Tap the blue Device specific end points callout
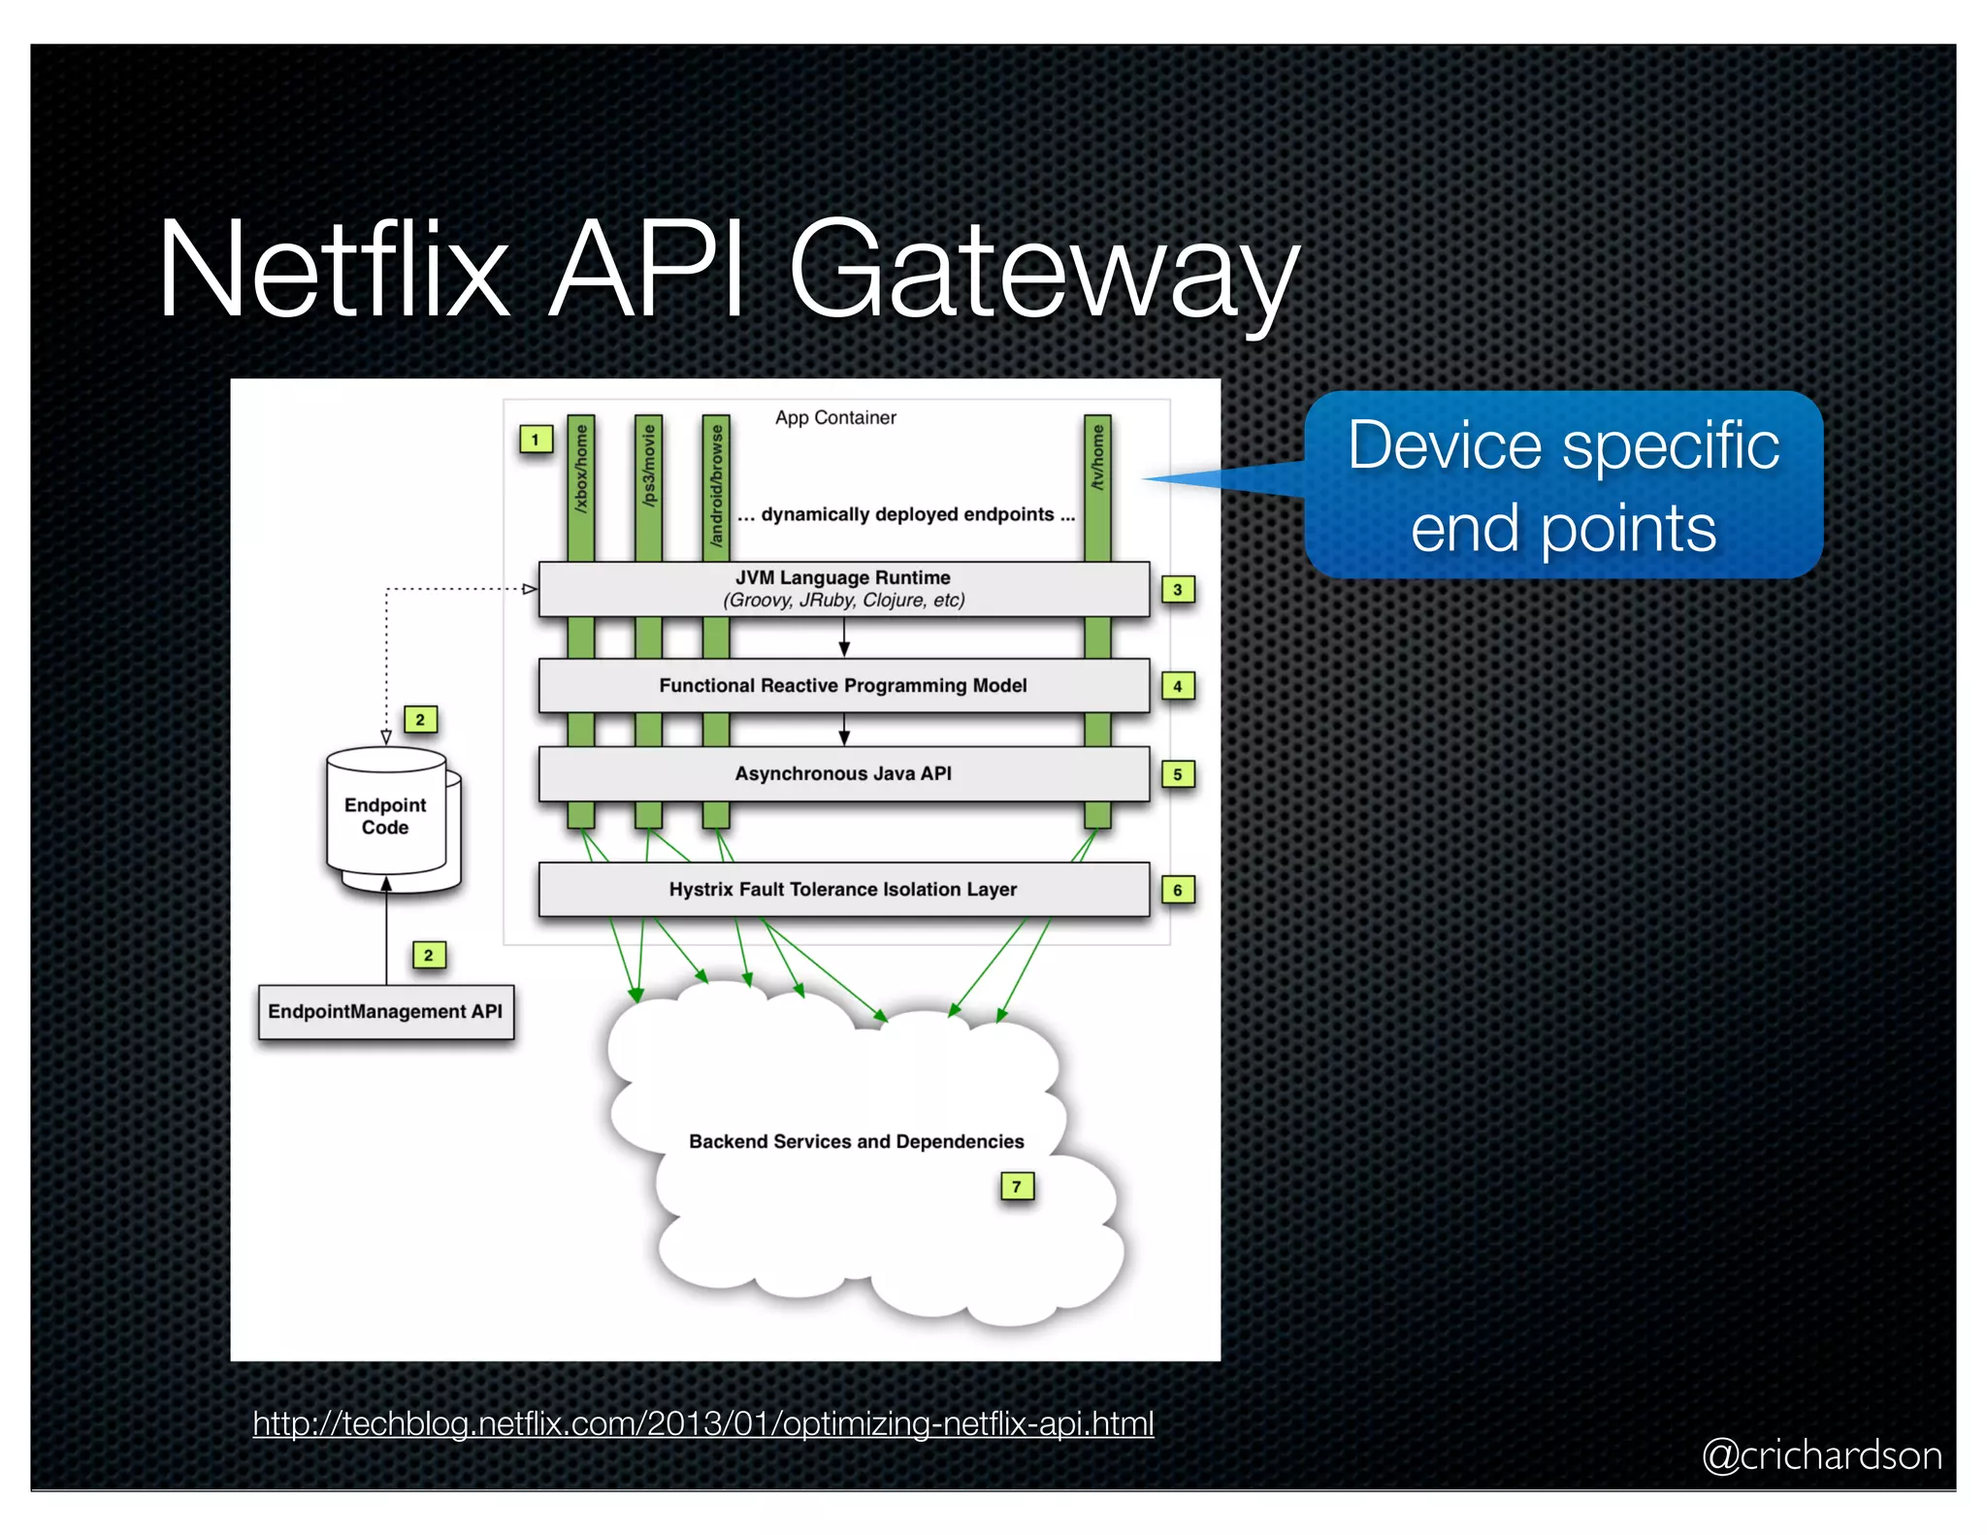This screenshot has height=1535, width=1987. click(x=1563, y=485)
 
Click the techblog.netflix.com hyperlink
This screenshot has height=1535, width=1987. click(x=702, y=1423)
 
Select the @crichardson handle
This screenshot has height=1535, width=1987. click(x=1821, y=1455)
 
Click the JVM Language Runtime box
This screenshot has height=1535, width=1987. click(x=843, y=588)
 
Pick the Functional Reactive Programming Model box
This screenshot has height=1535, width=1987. click(x=843, y=685)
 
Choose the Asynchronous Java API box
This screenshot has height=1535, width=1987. click(x=843, y=773)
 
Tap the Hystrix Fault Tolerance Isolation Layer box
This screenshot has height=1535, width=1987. click(x=843, y=889)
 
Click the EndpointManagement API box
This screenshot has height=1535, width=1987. click(x=385, y=1011)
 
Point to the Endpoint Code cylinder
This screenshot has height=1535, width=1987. click(x=386, y=815)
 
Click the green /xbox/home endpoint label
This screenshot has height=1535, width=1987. click(x=581, y=468)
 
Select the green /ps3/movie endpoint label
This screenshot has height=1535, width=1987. click(x=648, y=466)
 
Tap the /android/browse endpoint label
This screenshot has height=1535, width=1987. click(x=716, y=485)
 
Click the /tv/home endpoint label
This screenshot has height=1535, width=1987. click(x=1097, y=456)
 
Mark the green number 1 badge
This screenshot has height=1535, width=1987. click(x=535, y=440)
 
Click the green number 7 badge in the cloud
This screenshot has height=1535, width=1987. click(x=1017, y=1186)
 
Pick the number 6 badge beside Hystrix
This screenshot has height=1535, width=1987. click(x=1178, y=890)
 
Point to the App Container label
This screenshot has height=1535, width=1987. click(x=835, y=417)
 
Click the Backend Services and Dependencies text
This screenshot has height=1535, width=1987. click(x=856, y=1141)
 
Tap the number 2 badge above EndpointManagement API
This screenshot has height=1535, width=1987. click(x=428, y=955)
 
